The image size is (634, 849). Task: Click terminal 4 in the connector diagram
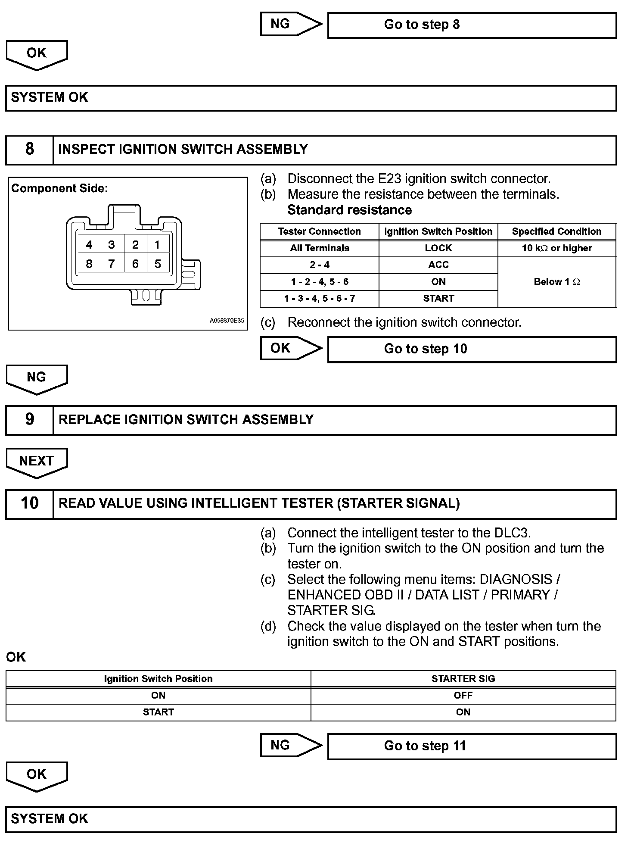[89, 245]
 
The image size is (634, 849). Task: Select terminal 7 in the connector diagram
[112, 264]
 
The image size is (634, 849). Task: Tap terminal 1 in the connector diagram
[157, 245]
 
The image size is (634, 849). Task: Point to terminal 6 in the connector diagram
[135, 264]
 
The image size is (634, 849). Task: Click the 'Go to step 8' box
[472, 25]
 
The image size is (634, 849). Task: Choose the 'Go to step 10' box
[472, 349]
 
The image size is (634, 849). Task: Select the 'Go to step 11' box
[472, 746]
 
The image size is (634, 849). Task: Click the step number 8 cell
[29, 150]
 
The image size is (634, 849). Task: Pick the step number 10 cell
[29, 503]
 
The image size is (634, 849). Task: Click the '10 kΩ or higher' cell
[556, 248]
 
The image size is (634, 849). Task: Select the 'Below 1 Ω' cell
[556, 282]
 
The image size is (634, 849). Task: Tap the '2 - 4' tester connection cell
[319, 265]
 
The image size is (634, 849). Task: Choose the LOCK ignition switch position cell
[438, 248]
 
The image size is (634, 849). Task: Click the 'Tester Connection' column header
[319, 231]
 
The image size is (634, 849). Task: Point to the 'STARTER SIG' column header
[463, 679]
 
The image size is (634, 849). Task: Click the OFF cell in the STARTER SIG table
[463, 695]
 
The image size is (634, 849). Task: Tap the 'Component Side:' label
[59, 188]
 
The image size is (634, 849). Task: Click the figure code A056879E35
[227, 321]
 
